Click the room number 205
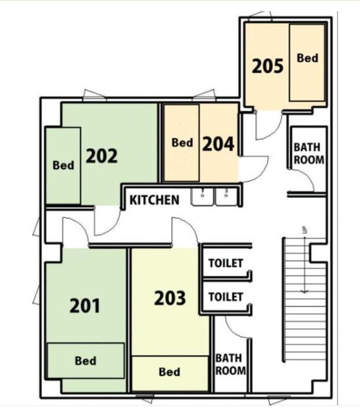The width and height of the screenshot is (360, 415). click(268, 66)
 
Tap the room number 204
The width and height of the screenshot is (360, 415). click(219, 144)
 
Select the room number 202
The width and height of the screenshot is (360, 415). click(102, 156)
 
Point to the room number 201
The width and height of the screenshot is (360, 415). click(85, 306)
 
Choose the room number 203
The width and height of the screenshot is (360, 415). click(170, 298)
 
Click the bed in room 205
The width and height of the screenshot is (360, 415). click(307, 62)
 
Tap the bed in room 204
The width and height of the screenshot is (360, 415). click(182, 143)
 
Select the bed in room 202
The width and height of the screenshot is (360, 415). click(63, 166)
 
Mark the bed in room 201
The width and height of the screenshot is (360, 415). click(86, 360)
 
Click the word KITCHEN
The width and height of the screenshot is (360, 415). click(155, 200)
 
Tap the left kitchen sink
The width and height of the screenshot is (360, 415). click(203, 197)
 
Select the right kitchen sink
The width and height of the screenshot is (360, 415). click(226, 197)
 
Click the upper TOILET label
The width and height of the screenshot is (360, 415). click(226, 263)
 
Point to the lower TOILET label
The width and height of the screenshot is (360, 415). click(226, 297)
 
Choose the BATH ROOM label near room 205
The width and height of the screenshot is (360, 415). click(309, 153)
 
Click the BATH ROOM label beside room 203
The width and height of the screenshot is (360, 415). click(230, 364)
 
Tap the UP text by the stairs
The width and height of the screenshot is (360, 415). click(305, 230)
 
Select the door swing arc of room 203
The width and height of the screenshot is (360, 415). click(189, 224)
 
